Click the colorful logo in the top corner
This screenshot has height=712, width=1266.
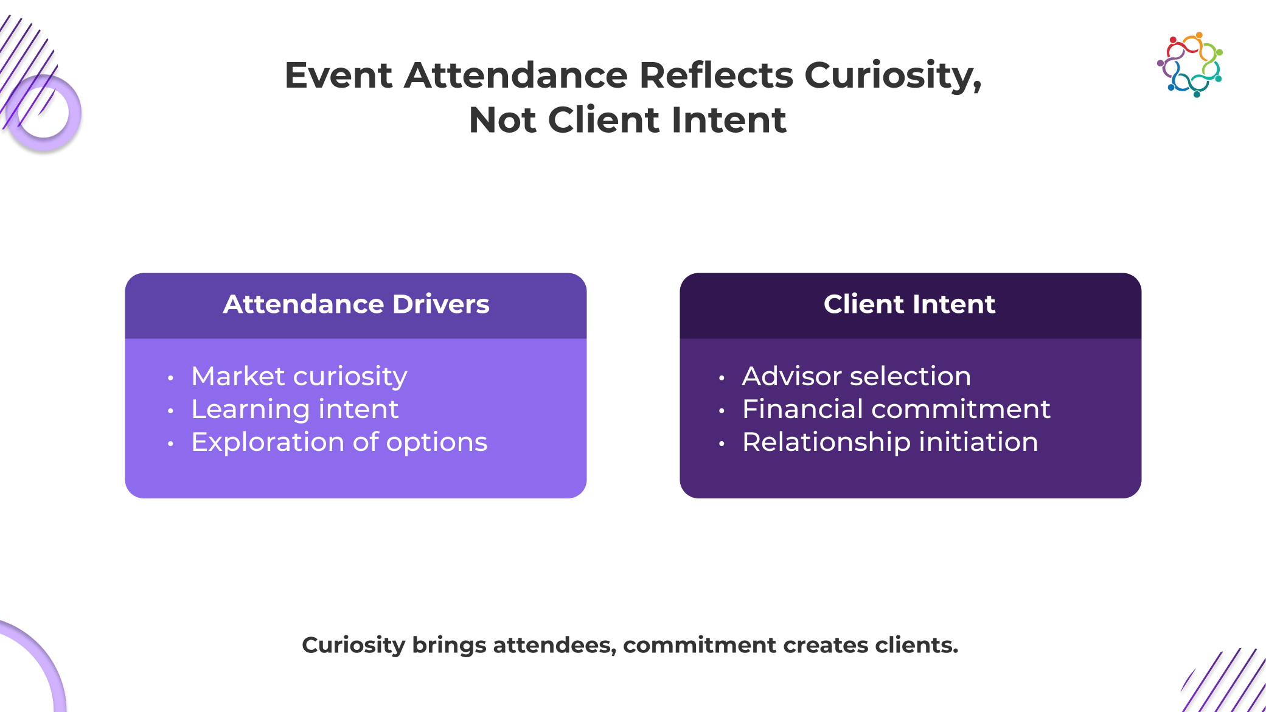pos(1190,65)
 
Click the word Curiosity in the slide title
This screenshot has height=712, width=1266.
pos(893,75)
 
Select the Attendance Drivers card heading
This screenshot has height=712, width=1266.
pos(356,304)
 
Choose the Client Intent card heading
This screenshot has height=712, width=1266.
pos(910,304)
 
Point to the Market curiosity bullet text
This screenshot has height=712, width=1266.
pos(299,377)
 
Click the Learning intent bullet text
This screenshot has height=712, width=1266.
pos(295,410)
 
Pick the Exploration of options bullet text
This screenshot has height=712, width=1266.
pos(339,442)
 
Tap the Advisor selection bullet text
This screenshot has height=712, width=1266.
pos(857,376)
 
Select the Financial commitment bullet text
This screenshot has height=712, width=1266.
pos(896,409)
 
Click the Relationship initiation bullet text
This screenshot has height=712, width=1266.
pos(890,442)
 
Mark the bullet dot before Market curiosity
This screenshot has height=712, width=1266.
pos(170,378)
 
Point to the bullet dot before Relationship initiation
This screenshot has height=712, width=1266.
pos(722,444)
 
